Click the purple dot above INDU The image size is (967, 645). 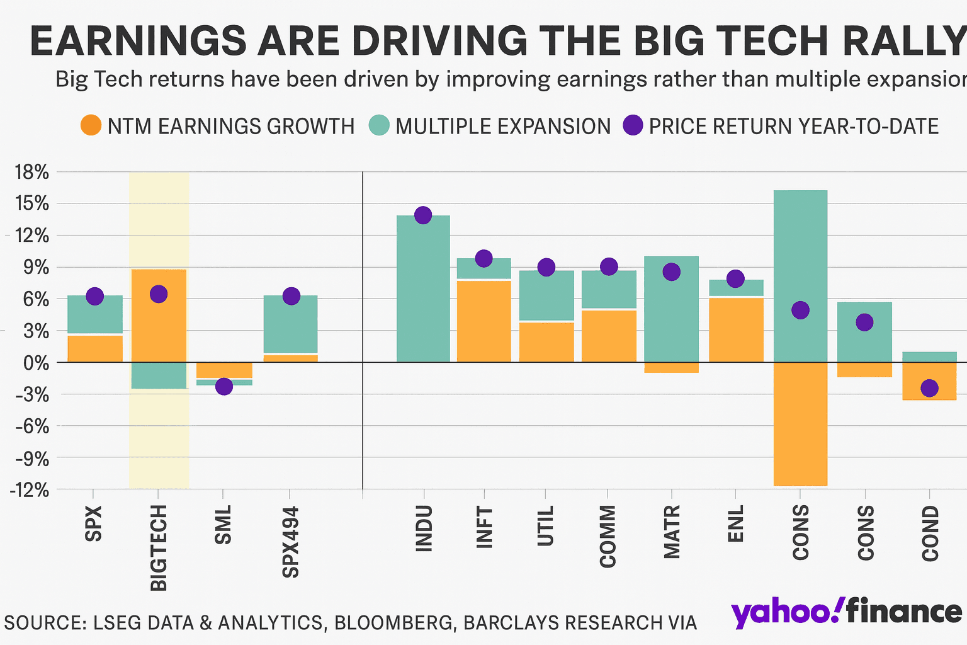pyautogui.click(x=423, y=215)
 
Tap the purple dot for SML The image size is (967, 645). pyautogui.click(x=223, y=387)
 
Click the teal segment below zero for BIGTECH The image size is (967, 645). pyautogui.click(x=159, y=375)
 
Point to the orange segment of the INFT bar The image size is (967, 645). pyautogui.click(x=484, y=321)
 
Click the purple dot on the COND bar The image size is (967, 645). pyautogui.click(x=929, y=388)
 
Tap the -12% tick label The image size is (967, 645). pyautogui.click(x=29, y=489)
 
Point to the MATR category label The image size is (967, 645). pyautogui.click(x=672, y=532)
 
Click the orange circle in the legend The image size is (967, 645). pyautogui.click(x=91, y=126)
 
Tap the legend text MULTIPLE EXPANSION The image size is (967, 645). pyautogui.click(x=503, y=127)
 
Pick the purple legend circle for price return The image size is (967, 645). pyautogui.click(x=633, y=126)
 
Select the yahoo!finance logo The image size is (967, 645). pyautogui.click(x=847, y=612)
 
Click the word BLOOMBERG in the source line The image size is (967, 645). pyautogui.click(x=393, y=623)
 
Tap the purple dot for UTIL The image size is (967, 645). pyautogui.click(x=546, y=267)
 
